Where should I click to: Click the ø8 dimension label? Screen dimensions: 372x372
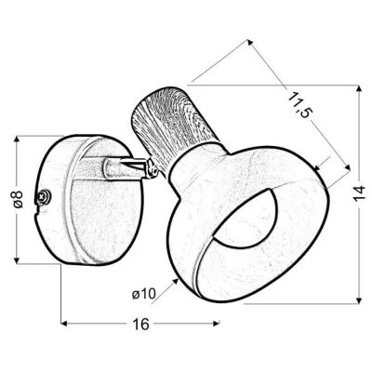[18, 199]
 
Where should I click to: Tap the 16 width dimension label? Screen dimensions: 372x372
[141, 325]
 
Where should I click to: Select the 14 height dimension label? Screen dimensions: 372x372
[359, 194]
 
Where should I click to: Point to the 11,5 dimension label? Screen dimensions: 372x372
[299, 104]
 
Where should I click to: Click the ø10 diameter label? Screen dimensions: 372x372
[143, 294]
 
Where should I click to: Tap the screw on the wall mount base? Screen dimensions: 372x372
[43, 196]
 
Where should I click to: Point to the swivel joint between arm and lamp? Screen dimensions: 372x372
[151, 168]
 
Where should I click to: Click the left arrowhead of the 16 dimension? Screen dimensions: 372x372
[64, 324]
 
